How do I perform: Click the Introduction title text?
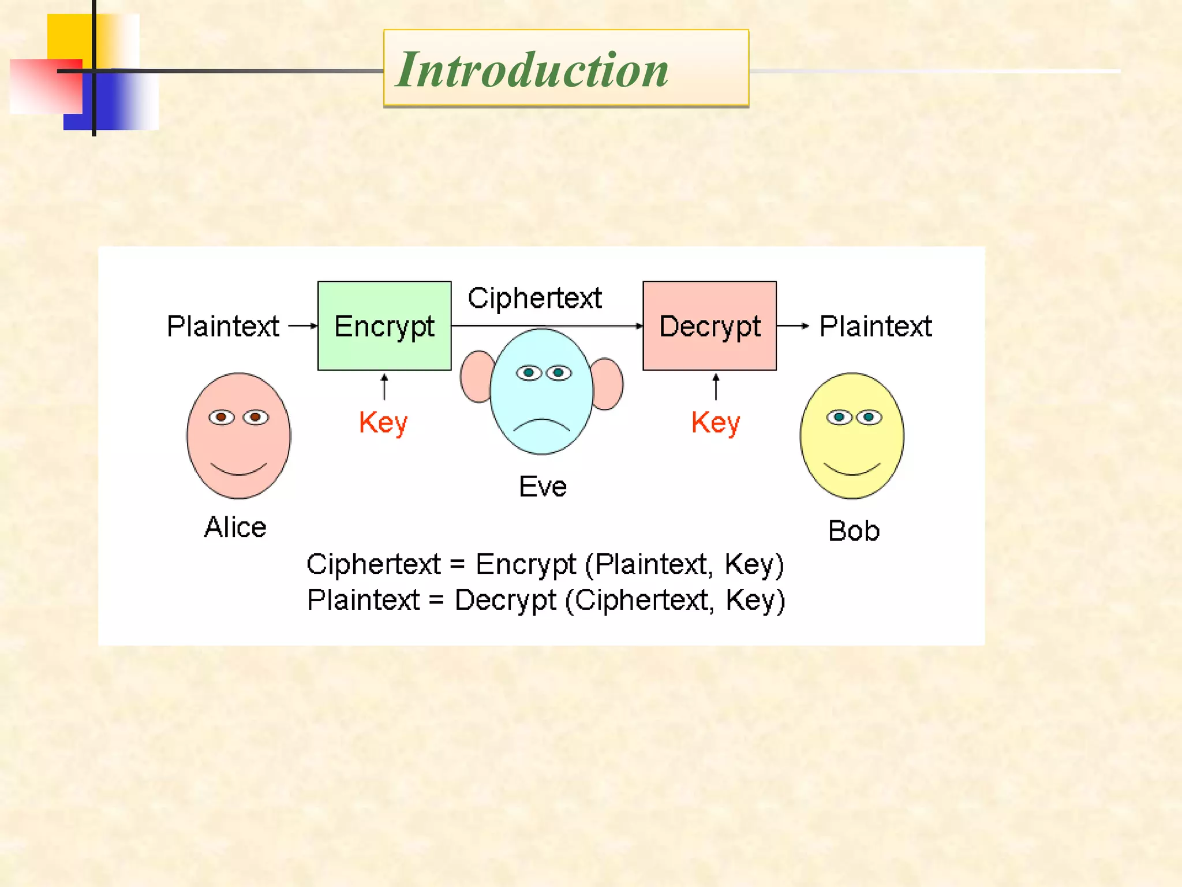pos(532,70)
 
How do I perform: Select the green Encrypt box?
pos(384,326)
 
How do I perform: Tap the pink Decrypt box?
pos(709,326)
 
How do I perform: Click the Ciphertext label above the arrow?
pos(534,299)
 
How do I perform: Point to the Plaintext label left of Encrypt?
pos(223,326)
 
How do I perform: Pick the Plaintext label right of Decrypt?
pos(876,326)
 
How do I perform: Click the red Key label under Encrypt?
pos(383,423)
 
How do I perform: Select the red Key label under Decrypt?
pos(716,423)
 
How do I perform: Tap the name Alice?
pos(235,527)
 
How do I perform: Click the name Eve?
pos(543,486)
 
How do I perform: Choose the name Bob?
pos(854,531)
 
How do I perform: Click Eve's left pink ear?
pos(476,377)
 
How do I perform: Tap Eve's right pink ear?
pos(608,384)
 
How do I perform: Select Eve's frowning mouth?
pos(541,424)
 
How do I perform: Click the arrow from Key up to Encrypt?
pos(384,387)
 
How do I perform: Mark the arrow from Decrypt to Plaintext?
pos(794,326)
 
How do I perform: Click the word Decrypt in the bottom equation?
pos(505,600)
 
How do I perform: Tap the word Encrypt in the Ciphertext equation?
pos(525,564)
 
